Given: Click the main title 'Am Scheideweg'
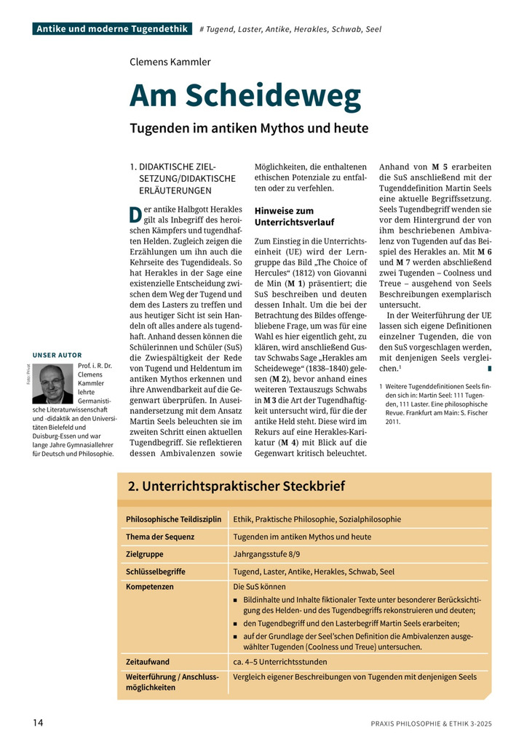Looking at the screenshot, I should (245, 96).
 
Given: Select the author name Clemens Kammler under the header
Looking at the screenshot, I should (170, 62).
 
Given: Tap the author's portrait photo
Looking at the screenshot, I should (53, 383).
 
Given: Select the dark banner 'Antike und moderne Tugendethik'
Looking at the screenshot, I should (112, 29).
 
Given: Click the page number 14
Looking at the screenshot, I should (38, 722).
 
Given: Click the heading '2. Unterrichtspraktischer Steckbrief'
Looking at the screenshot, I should (237, 486).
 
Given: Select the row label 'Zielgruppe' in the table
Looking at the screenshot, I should (144, 554).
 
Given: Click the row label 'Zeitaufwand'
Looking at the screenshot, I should (148, 662).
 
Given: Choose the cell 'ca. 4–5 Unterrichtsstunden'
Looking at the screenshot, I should (280, 662).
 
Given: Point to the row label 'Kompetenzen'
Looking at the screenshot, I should (150, 586).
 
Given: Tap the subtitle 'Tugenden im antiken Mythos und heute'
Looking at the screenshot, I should (249, 129).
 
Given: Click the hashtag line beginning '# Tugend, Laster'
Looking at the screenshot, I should (290, 29).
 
